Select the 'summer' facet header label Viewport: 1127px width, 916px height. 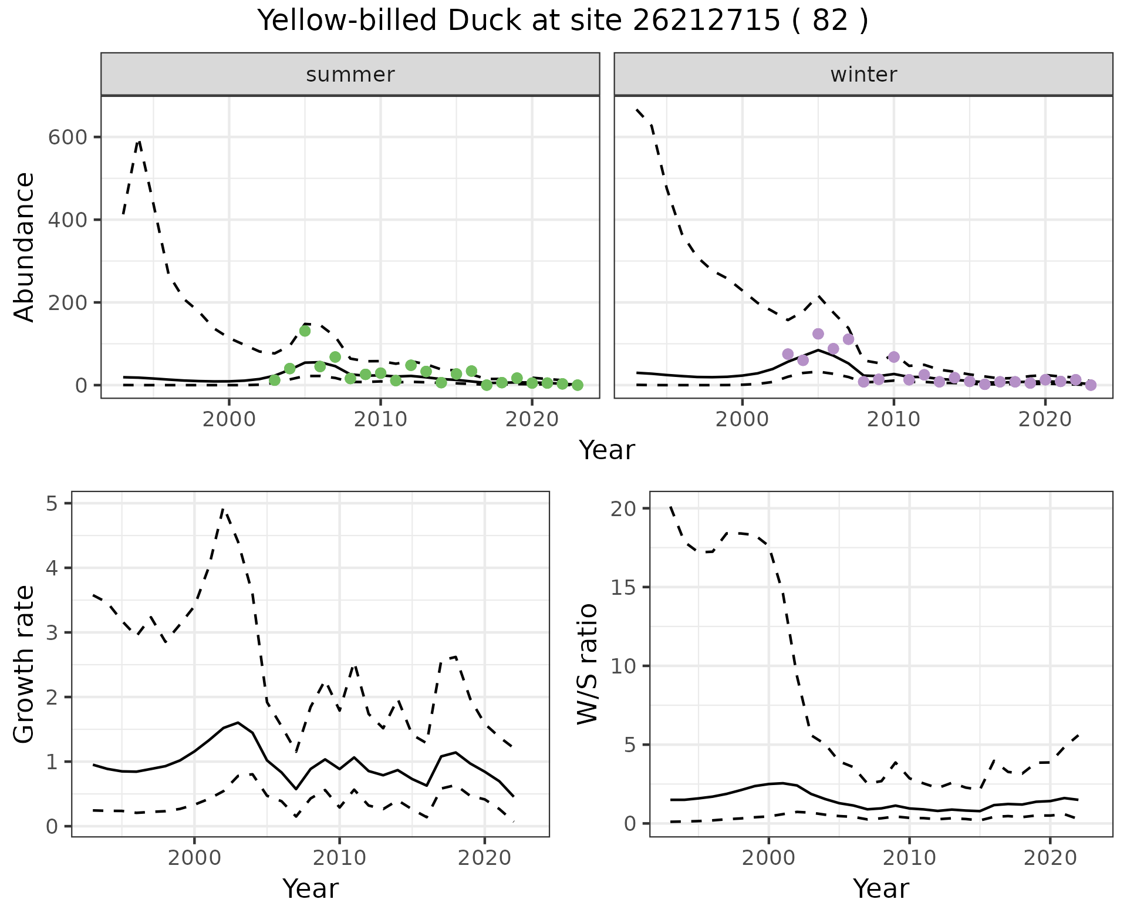click(350, 75)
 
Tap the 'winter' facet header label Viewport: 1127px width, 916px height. click(863, 75)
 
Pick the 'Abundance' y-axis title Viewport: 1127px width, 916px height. click(25, 247)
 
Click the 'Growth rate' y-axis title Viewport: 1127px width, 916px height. click(25, 664)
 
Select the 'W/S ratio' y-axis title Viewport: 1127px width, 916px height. click(587, 664)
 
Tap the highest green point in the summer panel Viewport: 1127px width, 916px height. click(305, 331)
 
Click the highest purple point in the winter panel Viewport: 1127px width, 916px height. click(818, 334)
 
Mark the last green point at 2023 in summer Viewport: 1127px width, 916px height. click(577, 385)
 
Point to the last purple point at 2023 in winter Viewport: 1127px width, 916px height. click(1091, 385)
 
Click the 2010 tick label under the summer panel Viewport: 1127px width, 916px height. click(380, 419)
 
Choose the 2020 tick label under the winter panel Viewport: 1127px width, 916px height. click(1045, 419)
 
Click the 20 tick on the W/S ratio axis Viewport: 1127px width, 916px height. click(624, 508)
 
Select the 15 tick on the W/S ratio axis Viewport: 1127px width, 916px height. click(624, 587)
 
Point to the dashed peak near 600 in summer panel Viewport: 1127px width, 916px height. click(139, 141)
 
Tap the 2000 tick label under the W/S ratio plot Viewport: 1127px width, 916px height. click(768, 858)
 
